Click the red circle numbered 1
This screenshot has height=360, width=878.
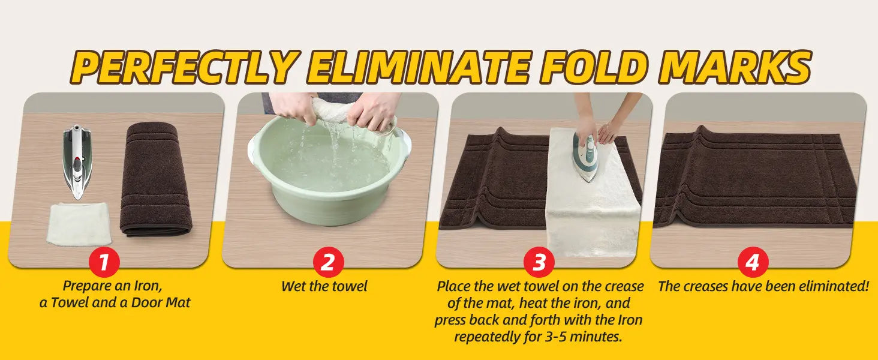tap(104, 263)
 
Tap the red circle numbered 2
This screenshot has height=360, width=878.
tap(329, 263)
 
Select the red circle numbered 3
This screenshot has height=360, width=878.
tap(539, 263)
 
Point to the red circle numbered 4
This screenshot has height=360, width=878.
tap(753, 263)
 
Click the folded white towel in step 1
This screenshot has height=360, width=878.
tap(79, 224)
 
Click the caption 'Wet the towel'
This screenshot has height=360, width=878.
tap(324, 286)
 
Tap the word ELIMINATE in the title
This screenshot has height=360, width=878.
tap(420, 67)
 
